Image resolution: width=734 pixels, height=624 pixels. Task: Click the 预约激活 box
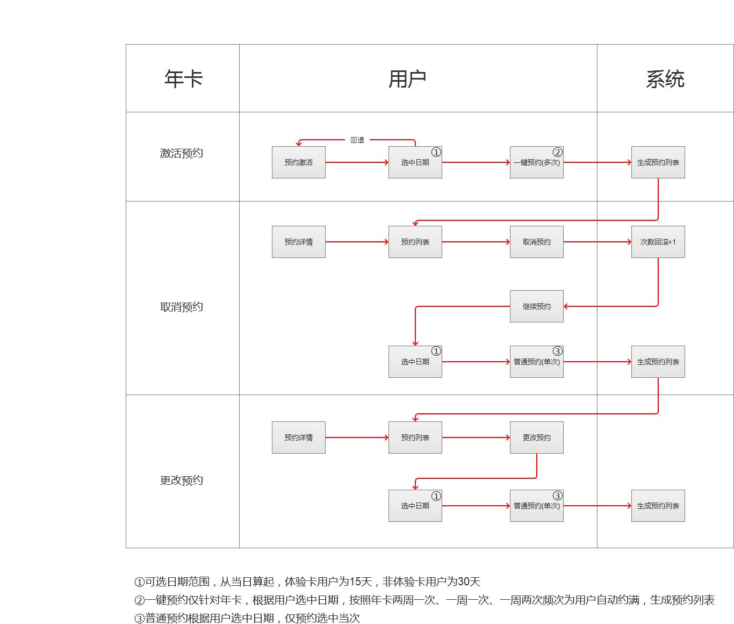[299, 162]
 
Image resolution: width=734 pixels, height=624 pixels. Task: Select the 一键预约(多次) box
[536, 162]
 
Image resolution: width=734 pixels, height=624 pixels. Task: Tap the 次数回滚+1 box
[658, 242]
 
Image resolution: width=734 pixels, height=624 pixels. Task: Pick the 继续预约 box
[536, 306]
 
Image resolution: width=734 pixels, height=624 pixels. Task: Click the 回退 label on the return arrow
[357, 140]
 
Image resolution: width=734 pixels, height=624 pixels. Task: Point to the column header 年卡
[183, 79]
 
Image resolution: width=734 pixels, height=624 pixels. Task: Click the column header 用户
[407, 79]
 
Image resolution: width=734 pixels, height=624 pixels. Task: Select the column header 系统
[665, 79]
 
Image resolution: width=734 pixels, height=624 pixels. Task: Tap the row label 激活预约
[182, 153]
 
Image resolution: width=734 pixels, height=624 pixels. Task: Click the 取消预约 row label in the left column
[182, 307]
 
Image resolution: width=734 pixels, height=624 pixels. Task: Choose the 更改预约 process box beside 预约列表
[536, 437]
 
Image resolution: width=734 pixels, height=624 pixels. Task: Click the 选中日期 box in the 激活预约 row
[415, 162]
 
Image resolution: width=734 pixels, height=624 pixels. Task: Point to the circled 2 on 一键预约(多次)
[558, 152]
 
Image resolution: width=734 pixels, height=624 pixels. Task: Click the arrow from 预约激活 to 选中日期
[357, 162]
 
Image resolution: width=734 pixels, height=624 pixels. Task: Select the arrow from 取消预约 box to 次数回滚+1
[597, 242]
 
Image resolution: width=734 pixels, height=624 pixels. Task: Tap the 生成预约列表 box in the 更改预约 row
[658, 506]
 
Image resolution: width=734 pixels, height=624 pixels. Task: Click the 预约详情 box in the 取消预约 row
[299, 242]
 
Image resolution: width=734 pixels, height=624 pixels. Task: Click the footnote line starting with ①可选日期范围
[307, 582]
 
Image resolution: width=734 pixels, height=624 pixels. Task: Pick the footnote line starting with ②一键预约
[424, 600]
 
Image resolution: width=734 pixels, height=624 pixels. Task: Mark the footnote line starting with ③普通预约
[247, 618]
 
